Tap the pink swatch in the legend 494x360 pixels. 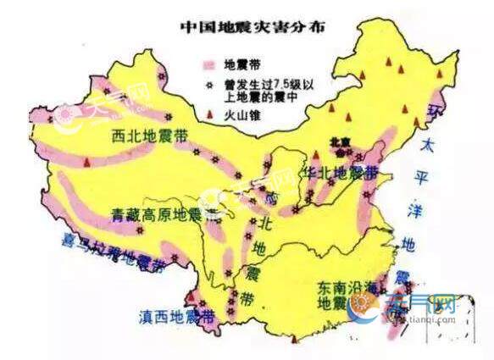(210, 64)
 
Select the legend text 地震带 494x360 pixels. (241, 64)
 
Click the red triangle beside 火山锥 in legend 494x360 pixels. (209, 108)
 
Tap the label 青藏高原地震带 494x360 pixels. (158, 214)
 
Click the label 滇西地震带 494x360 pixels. (176, 317)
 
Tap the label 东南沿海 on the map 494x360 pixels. (342, 289)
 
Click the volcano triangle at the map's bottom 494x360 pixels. (294, 340)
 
